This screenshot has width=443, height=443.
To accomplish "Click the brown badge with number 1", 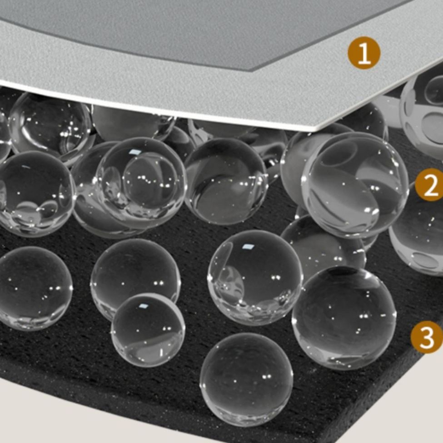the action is pos(364,53).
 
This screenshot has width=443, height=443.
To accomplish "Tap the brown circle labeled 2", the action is pos(430,185).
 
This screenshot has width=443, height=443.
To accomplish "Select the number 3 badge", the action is pos(427,337).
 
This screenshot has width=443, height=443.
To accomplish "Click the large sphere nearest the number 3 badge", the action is pos(344,318).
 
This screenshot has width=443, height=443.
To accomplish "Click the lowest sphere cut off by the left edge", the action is pos(34,288).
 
